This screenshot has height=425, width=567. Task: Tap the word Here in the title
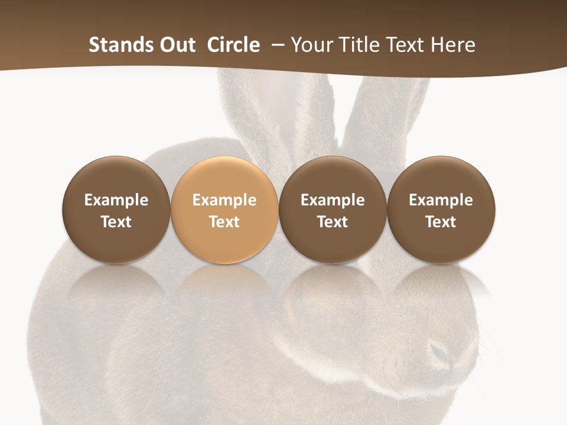point(454,45)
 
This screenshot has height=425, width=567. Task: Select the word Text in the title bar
point(407,45)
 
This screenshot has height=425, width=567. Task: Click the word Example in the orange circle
point(224,200)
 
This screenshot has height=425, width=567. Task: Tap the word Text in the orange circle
point(224,222)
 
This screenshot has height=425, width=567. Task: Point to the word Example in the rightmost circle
point(441,200)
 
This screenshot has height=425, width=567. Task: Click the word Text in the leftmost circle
point(116,222)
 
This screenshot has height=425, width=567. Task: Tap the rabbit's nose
point(442,352)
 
